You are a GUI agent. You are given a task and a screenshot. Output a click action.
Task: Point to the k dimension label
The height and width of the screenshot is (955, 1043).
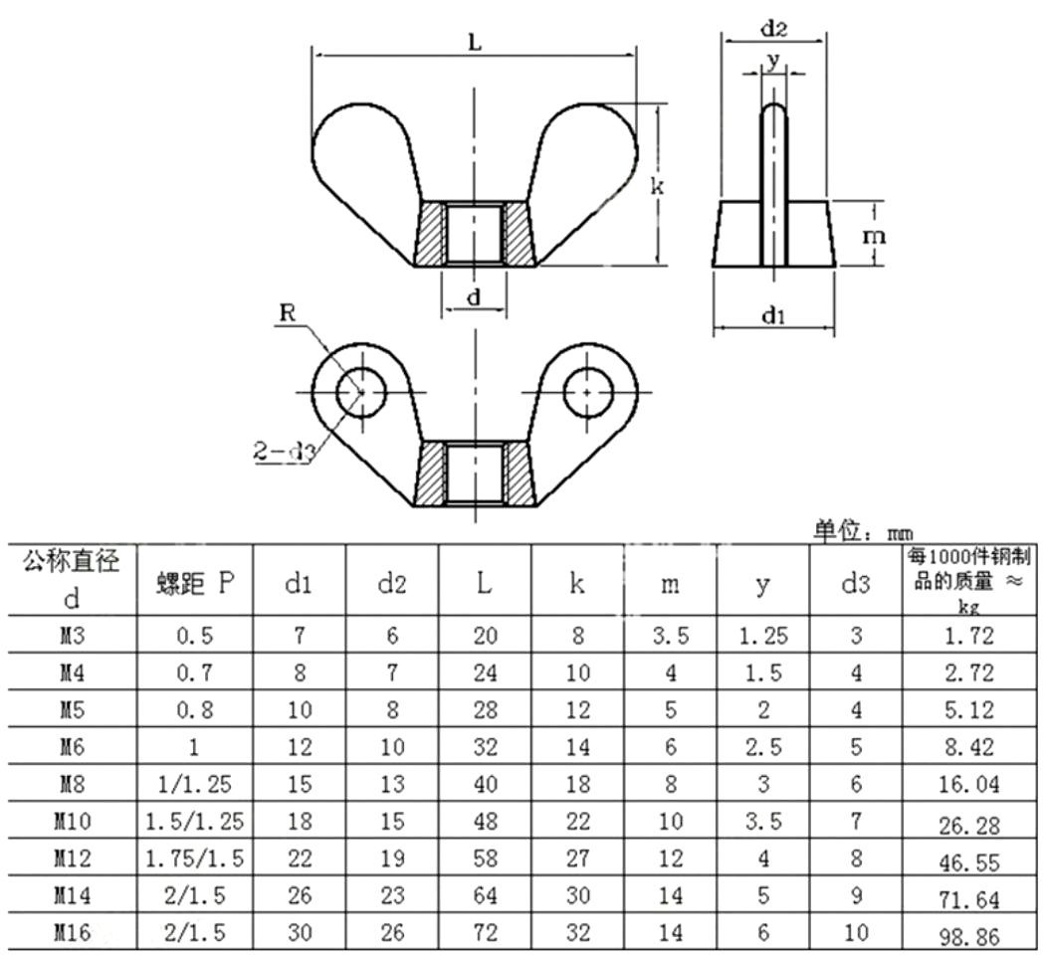click(x=656, y=186)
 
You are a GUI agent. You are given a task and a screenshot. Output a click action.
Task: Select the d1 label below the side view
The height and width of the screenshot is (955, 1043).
click(x=773, y=315)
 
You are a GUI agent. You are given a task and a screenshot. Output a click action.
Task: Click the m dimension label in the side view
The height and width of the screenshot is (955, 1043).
click(x=874, y=237)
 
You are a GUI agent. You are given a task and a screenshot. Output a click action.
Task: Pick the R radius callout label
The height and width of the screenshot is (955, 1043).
click(x=288, y=312)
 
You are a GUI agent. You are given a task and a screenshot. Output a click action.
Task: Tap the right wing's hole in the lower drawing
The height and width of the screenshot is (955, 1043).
click(x=587, y=392)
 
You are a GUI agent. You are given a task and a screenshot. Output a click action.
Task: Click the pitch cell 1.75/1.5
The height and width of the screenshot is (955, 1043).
click(x=194, y=859)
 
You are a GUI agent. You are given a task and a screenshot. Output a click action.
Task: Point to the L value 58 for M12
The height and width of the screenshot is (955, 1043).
click(x=485, y=859)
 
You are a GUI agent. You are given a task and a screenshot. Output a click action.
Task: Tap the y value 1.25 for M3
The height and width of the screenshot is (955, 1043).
click(x=763, y=637)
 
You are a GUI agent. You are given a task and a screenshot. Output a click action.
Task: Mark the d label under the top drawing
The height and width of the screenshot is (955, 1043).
click(x=475, y=296)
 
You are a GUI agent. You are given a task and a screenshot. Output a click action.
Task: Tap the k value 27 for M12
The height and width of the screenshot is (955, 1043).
click(x=577, y=859)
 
